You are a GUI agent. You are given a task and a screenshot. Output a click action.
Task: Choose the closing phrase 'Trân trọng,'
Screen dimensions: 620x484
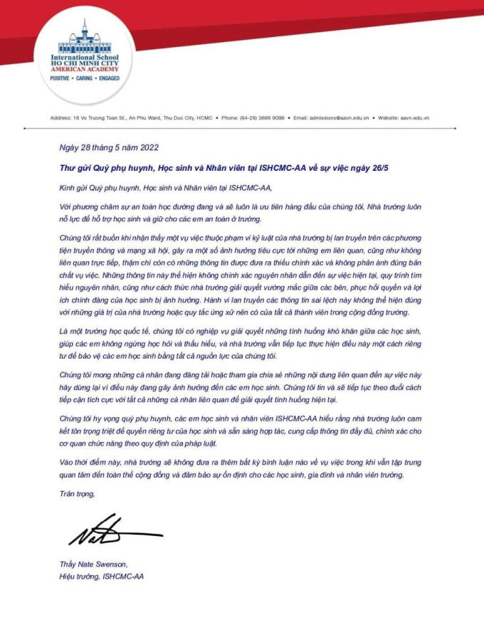click(77, 493)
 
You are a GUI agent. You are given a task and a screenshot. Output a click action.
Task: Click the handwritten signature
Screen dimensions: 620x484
click(107, 530)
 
